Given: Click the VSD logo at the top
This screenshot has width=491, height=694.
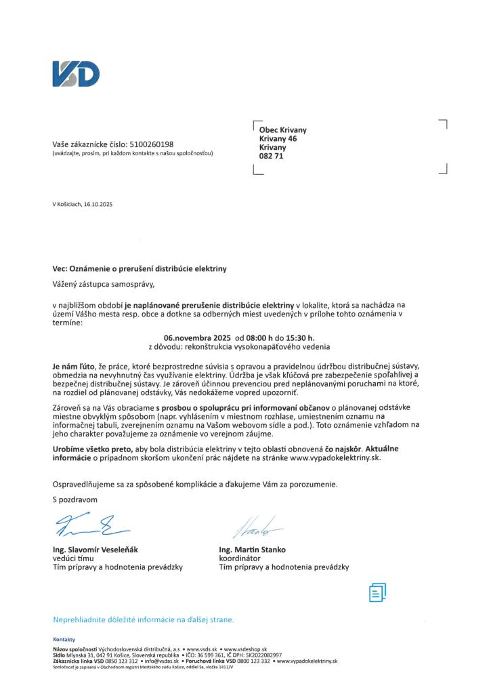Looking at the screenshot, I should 76,74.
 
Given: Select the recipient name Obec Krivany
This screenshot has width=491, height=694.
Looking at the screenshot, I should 283,130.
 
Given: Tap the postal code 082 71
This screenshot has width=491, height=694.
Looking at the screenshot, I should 272,156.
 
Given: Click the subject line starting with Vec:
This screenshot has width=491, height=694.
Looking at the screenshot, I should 139,269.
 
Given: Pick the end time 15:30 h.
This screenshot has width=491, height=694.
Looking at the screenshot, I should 300,337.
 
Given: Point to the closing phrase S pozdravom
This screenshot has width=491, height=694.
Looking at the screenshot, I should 75,500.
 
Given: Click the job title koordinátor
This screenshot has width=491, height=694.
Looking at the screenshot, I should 239,557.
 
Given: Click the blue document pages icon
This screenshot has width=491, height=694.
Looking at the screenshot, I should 377,592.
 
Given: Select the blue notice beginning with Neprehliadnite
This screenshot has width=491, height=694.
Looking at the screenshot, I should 143,619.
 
